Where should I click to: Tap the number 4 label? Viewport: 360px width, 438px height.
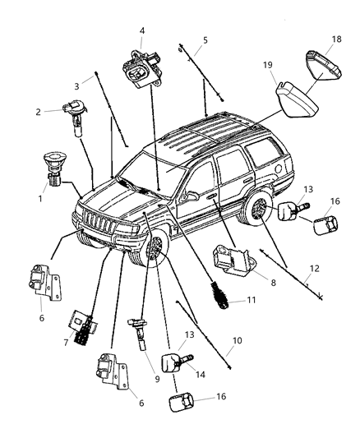(142, 31)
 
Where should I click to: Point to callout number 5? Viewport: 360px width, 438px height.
(205, 39)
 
